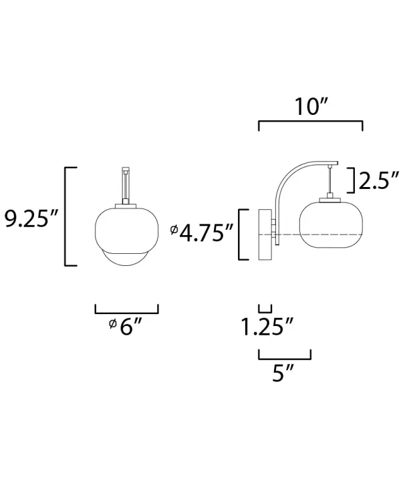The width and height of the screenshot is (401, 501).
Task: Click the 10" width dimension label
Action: pyautogui.click(x=310, y=107)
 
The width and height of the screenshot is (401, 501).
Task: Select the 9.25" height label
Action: pyautogui.click(x=33, y=218)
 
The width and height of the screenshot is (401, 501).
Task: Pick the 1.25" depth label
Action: pyautogui.click(x=267, y=327)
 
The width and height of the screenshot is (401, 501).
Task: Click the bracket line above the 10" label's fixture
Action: pyautogui.click(x=310, y=123)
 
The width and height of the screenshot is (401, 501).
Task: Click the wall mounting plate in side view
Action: pyautogui.click(x=265, y=234)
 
